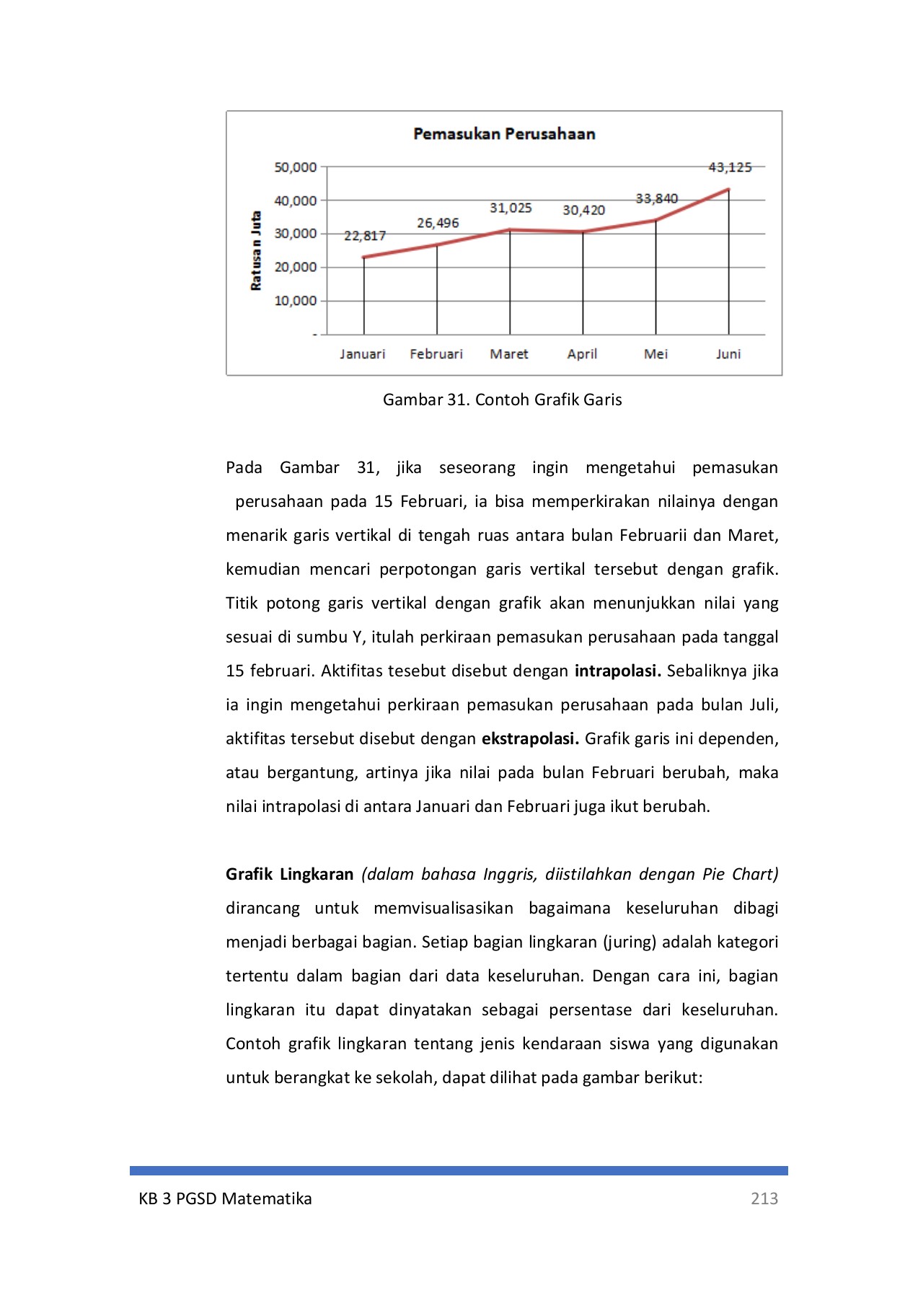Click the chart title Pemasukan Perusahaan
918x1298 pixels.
tap(504, 133)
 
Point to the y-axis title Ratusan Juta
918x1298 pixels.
tap(256, 251)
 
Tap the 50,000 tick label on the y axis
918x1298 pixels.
tap(296, 167)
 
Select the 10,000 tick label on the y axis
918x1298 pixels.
tap(296, 301)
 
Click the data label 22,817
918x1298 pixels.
tap(365, 236)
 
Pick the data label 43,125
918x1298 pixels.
tap(730, 167)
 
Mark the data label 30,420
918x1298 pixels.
tap(583, 210)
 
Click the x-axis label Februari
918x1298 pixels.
tap(436, 354)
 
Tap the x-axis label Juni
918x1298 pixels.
tap(728, 354)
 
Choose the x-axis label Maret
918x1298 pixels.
tap(509, 354)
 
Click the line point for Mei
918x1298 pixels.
tap(656, 221)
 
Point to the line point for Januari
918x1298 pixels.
tap(364, 257)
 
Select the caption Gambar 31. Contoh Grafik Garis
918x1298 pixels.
tap(502, 399)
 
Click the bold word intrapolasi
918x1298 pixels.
tap(617, 671)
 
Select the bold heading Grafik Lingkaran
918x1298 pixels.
tap(289, 874)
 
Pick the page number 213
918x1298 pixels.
tap(764, 1198)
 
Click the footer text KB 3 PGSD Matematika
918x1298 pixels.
tap(225, 1198)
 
